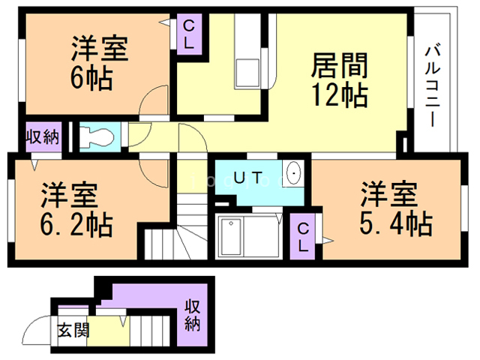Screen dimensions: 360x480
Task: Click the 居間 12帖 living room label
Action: click(x=338, y=80)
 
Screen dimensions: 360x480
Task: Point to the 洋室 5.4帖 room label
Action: click(x=389, y=209)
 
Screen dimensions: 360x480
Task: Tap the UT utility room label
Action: click(x=247, y=178)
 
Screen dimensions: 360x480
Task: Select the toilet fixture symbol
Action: click(x=97, y=137)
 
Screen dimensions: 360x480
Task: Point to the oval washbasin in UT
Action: click(x=294, y=174)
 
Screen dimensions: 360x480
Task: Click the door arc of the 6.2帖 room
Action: click(x=155, y=172)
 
